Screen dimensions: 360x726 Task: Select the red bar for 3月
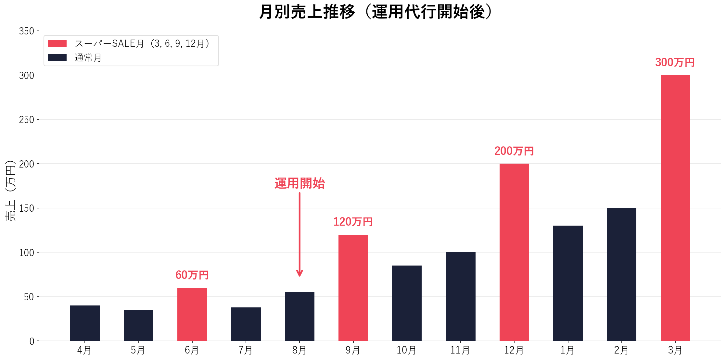click(675, 208)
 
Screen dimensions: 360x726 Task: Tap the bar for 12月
click(514, 252)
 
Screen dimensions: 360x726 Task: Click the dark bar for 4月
click(85, 323)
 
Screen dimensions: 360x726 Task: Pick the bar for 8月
click(299, 317)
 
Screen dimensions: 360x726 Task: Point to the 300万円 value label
click(675, 62)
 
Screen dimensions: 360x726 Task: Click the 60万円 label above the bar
click(192, 275)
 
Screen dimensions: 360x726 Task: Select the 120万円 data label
click(353, 222)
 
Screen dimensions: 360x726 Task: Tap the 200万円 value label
click(514, 151)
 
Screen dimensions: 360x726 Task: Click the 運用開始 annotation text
click(299, 183)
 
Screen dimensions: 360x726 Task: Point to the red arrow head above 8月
click(299, 273)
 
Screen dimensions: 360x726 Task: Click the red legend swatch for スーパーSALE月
click(57, 43)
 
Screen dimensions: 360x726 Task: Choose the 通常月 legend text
click(88, 58)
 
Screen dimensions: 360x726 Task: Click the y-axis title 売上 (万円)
click(10, 191)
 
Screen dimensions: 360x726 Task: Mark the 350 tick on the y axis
click(27, 31)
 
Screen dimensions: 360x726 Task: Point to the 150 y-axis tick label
click(27, 208)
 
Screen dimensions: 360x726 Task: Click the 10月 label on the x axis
click(406, 350)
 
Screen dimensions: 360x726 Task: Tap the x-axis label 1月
click(567, 350)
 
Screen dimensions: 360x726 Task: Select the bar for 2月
click(621, 274)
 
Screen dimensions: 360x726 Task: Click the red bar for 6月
click(192, 314)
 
